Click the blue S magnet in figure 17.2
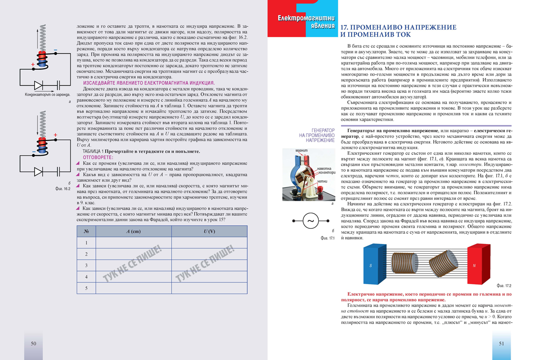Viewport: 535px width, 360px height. tap(370, 266)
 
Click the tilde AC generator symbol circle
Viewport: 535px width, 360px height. tap(311, 220)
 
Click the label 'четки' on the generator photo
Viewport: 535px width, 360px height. tap(323, 182)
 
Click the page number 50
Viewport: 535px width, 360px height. tap(33, 343)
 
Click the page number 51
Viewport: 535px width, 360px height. tap(502, 343)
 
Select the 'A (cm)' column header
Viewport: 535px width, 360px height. tap(133, 232)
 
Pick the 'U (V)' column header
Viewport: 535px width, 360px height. tap(209, 232)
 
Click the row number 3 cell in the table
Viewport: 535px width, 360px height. tap(86, 266)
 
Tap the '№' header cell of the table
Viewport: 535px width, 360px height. tap(86, 232)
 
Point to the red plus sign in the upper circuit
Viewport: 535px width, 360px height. tap(33, 65)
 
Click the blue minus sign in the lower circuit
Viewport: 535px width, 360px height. tap(33, 152)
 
